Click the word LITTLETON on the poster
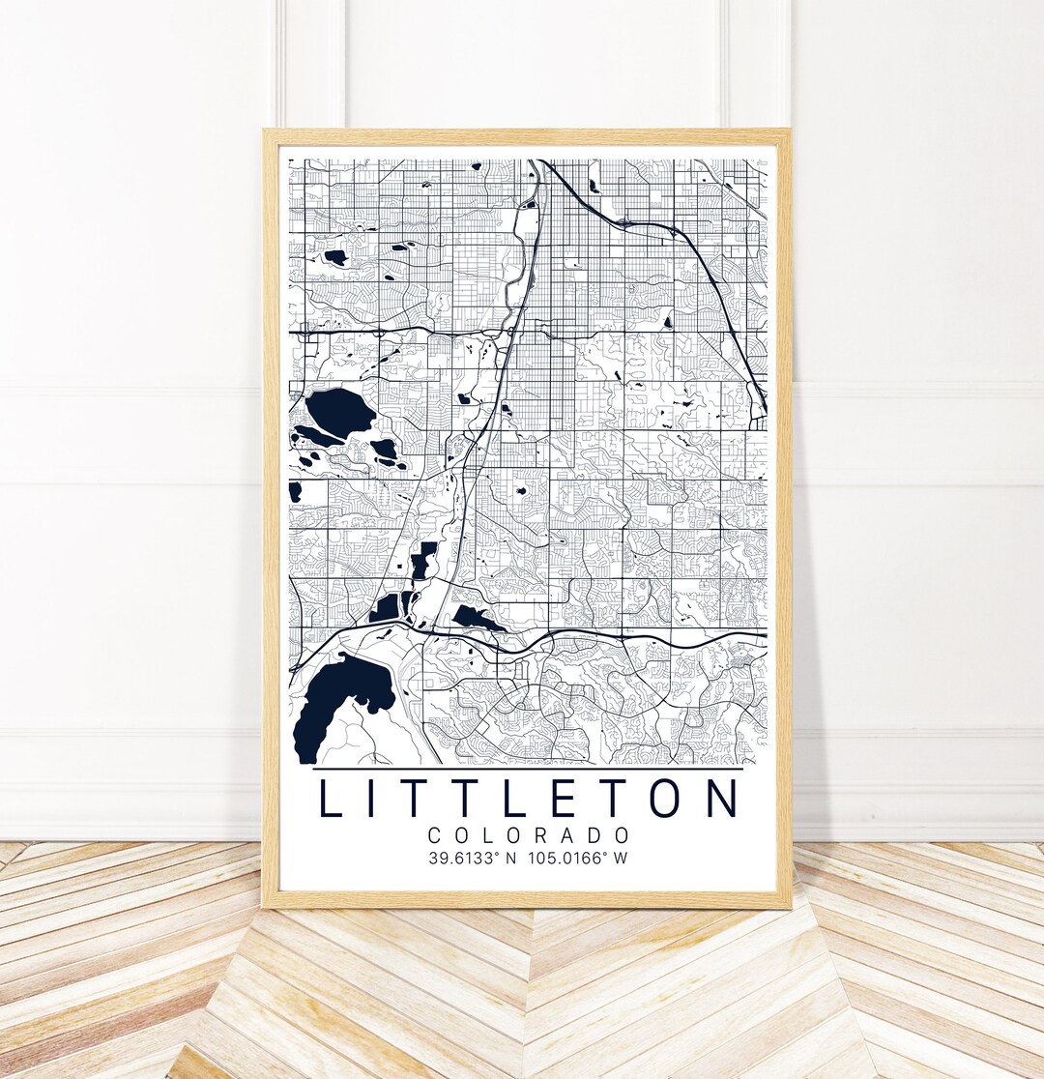pos(529,800)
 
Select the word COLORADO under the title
pos(529,835)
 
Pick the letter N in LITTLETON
pos(720,800)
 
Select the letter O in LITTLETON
pos(663,800)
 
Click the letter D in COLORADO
pos(596,835)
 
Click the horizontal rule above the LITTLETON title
pos(529,769)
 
